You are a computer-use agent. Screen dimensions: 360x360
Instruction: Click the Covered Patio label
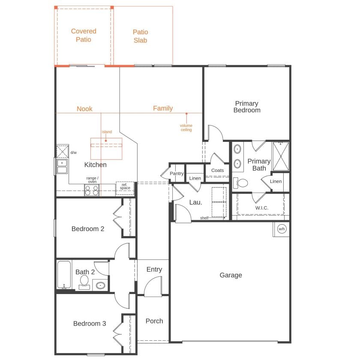point(84,35)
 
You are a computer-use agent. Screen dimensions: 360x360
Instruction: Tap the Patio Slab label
point(140,36)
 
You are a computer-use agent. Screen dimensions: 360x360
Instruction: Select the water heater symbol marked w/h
point(282,229)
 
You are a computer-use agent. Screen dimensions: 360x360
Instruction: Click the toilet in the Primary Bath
point(241,183)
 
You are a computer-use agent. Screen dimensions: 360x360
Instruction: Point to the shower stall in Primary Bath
point(281,156)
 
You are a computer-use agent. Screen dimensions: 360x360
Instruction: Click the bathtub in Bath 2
point(64,274)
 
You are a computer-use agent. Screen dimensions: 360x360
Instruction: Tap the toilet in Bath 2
point(84,282)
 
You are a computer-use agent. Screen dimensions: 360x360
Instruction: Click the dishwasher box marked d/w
point(63,151)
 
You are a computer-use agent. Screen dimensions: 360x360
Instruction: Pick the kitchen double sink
point(62,166)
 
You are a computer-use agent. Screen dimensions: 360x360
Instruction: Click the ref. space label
point(125,186)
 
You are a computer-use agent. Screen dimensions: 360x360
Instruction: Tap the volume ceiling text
point(186,128)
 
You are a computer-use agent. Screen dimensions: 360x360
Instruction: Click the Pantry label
point(177,174)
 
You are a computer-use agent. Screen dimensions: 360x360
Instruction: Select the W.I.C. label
point(261,208)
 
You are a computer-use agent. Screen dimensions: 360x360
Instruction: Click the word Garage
point(231,275)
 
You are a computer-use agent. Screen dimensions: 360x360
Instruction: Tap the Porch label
point(154,321)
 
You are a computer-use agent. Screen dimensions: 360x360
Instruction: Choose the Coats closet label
point(217,170)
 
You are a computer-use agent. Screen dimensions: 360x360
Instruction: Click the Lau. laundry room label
point(195,202)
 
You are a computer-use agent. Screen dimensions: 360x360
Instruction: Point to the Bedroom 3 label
point(89,324)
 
